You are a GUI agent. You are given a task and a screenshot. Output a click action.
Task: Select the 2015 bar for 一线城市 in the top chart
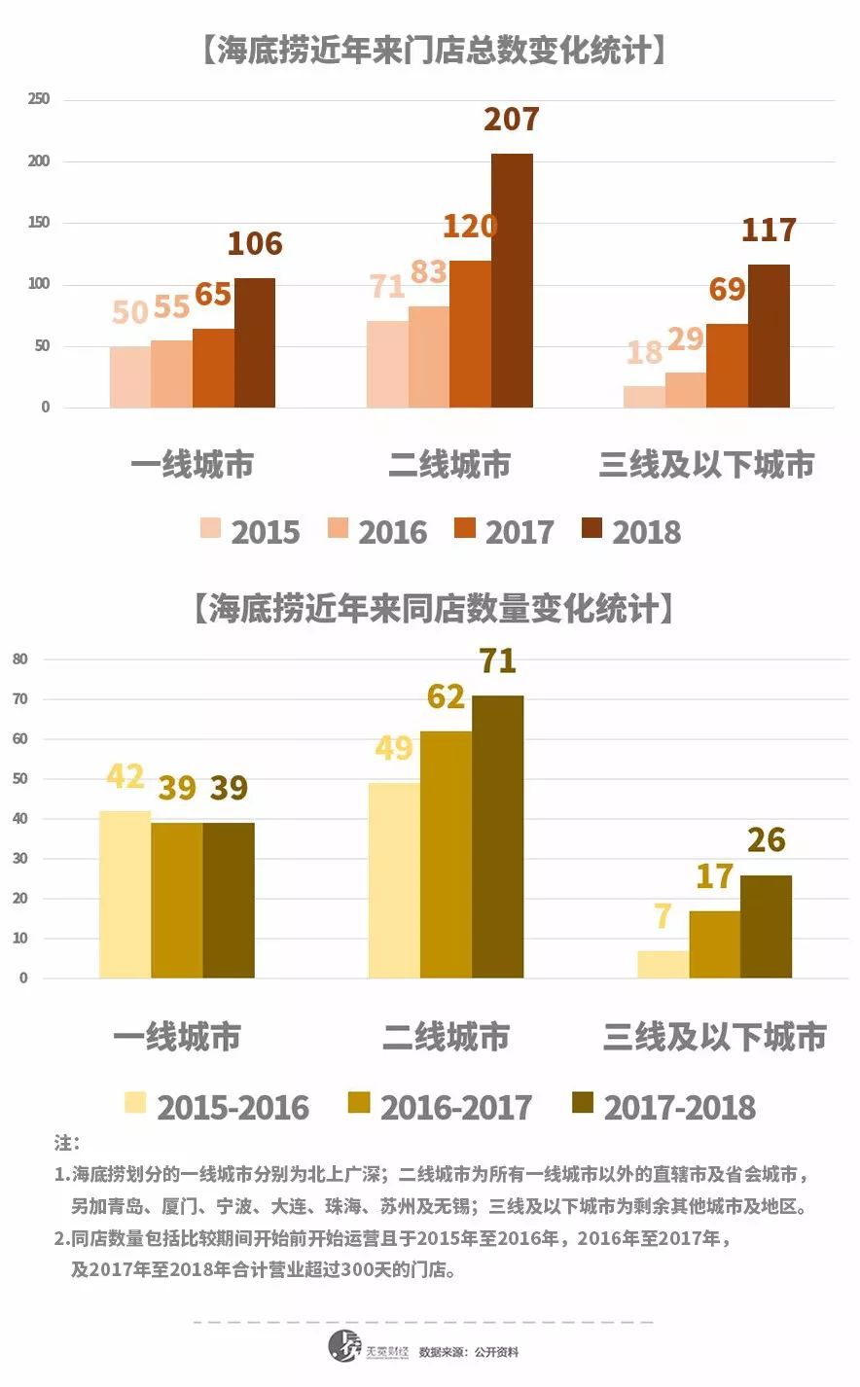[130, 377]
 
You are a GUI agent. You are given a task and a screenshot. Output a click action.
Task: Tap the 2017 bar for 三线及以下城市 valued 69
[727, 366]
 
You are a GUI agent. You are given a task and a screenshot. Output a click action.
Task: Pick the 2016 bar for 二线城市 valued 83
[429, 357]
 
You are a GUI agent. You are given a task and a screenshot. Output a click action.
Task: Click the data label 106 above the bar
[255, 243]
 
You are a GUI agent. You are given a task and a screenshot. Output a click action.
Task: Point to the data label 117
[769, 230]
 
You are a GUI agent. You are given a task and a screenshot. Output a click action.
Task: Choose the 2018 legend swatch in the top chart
[591, 529]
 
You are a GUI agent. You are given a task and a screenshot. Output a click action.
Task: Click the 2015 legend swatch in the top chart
[211, 529]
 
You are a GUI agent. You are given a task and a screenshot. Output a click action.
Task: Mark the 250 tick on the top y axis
[39, 99]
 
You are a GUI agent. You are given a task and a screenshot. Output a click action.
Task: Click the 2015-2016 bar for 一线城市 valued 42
[125, 895]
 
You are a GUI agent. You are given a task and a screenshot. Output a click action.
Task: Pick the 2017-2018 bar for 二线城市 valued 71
[498, 836]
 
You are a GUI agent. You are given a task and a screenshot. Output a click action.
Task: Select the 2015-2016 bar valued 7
[663, 964]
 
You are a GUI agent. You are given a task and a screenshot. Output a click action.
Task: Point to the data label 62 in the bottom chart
[446, 696]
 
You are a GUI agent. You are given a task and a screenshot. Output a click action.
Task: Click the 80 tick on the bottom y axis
[20, 659]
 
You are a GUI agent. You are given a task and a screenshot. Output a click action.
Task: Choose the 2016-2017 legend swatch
[359, 1103]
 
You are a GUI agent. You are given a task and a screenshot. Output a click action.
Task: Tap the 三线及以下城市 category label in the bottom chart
[714, 1037]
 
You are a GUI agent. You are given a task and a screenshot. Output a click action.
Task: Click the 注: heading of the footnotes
[67, 1142]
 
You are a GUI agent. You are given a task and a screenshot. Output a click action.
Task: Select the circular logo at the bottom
[344, 1347]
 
